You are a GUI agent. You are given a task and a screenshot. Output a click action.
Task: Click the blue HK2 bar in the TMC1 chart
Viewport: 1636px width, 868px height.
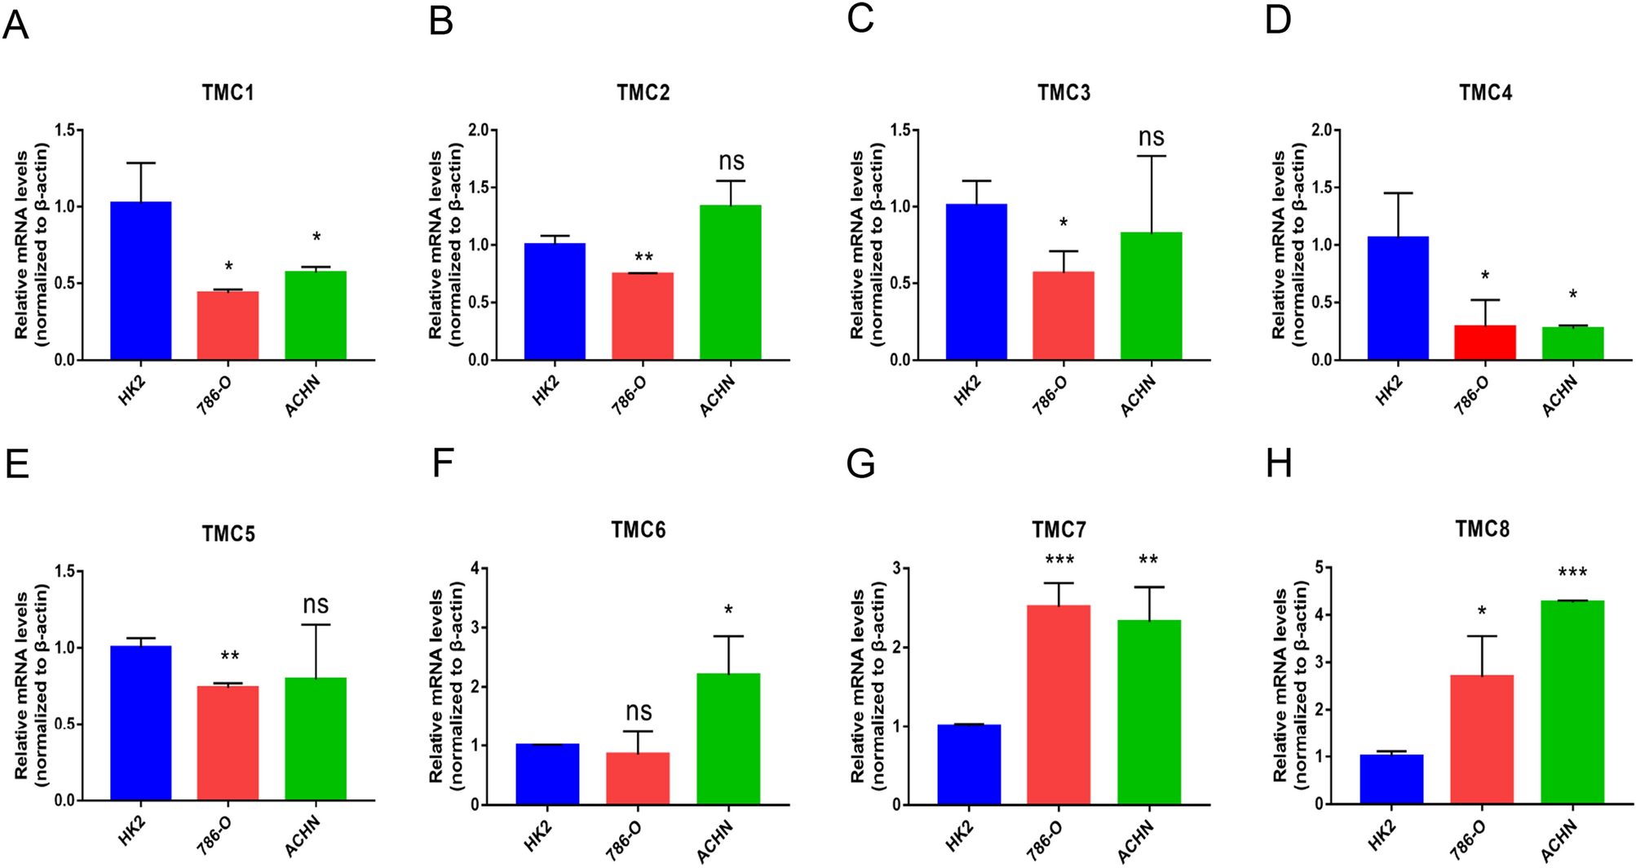(140, 281)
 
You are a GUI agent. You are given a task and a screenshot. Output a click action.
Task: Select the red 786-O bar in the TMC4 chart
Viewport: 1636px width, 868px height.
(1484, 343)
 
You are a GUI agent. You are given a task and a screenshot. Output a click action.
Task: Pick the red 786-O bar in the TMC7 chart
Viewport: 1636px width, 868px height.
(1059, 706)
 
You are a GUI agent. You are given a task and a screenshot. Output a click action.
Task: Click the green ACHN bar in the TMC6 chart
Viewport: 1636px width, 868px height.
(728, 738)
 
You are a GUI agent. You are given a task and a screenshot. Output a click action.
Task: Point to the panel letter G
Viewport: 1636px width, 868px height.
(860, 465)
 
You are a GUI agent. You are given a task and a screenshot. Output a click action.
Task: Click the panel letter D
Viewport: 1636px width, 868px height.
(1278, 20)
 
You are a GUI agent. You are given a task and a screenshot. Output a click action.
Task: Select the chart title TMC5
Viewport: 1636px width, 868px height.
(228, 534)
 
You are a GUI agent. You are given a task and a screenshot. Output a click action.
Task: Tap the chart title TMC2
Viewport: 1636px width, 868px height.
(643, 93)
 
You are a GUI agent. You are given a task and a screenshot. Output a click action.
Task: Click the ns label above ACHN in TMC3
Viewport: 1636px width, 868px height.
(1151, 138)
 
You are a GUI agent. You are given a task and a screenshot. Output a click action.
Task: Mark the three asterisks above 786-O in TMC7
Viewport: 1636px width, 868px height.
(1059, 560)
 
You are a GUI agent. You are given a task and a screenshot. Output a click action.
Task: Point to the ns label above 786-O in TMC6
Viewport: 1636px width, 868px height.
(638, 712)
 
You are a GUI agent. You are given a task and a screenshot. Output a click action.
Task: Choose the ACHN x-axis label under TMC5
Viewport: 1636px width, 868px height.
(302, 836)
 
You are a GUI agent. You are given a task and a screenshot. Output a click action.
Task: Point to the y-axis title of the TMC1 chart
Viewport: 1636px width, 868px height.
(31, 245)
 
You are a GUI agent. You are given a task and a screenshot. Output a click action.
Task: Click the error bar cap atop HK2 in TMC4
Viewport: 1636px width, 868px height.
(1398, 193)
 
